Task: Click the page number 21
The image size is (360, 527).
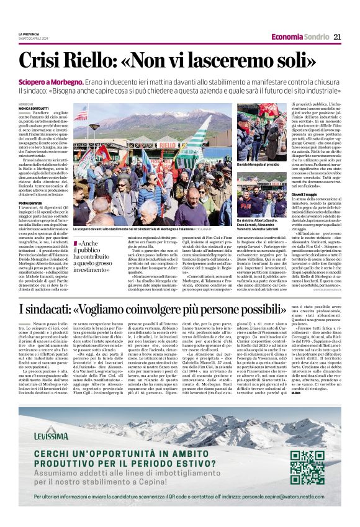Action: pos(338,37)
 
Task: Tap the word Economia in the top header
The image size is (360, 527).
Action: pos(287,37)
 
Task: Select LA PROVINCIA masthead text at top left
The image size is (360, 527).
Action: pos(29,34)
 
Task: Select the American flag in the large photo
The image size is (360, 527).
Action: pos(81,114)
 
